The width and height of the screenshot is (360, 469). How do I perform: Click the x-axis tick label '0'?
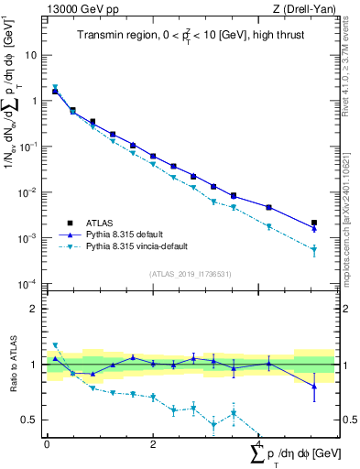coord(47,445)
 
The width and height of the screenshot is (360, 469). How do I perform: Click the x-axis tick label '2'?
coord(153,445)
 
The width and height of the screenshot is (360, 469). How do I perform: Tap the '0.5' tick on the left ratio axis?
coord(30,420)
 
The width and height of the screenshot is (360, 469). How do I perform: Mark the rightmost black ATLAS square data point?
coord(314,223)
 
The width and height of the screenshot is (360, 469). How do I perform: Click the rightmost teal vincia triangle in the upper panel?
coord(314,249)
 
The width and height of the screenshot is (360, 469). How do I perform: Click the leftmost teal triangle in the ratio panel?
coord(55,345)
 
